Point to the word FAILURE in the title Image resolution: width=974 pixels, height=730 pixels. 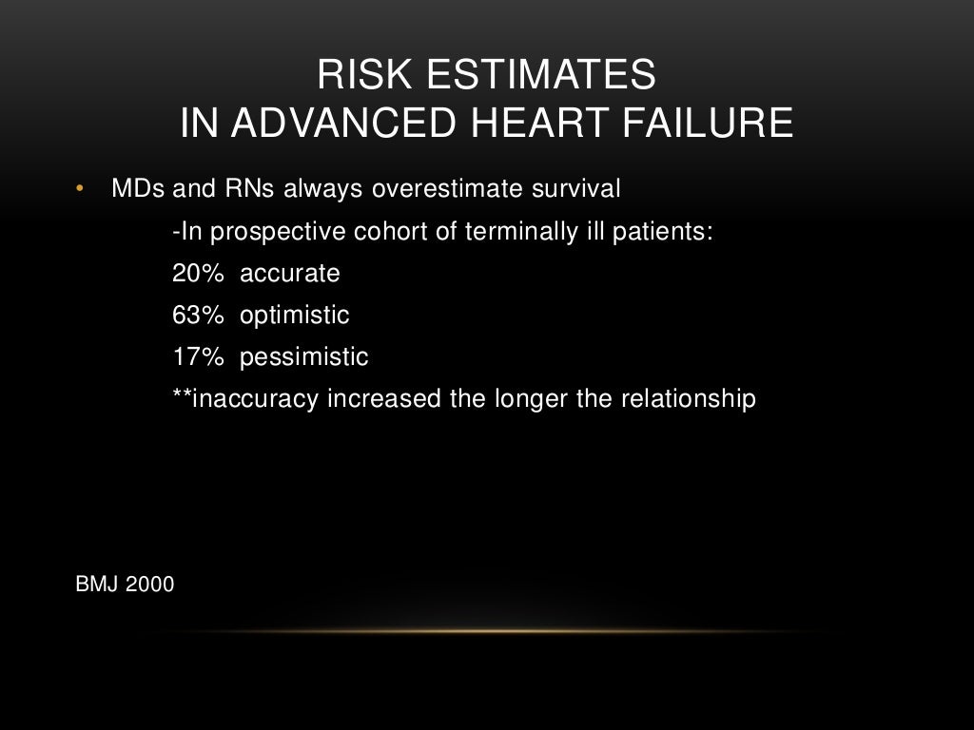[725, 125]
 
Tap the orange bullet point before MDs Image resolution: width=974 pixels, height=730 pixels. [81, 189]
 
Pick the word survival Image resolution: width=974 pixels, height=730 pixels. [575, 189]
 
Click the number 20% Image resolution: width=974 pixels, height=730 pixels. [198, 274]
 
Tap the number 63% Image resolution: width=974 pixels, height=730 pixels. [198, 316]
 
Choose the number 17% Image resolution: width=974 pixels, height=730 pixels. [198, 357]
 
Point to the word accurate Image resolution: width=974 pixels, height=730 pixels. [289, 274]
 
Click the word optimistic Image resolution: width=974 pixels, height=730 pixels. [295, 316]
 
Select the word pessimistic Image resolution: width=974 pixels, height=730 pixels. [303, 357]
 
